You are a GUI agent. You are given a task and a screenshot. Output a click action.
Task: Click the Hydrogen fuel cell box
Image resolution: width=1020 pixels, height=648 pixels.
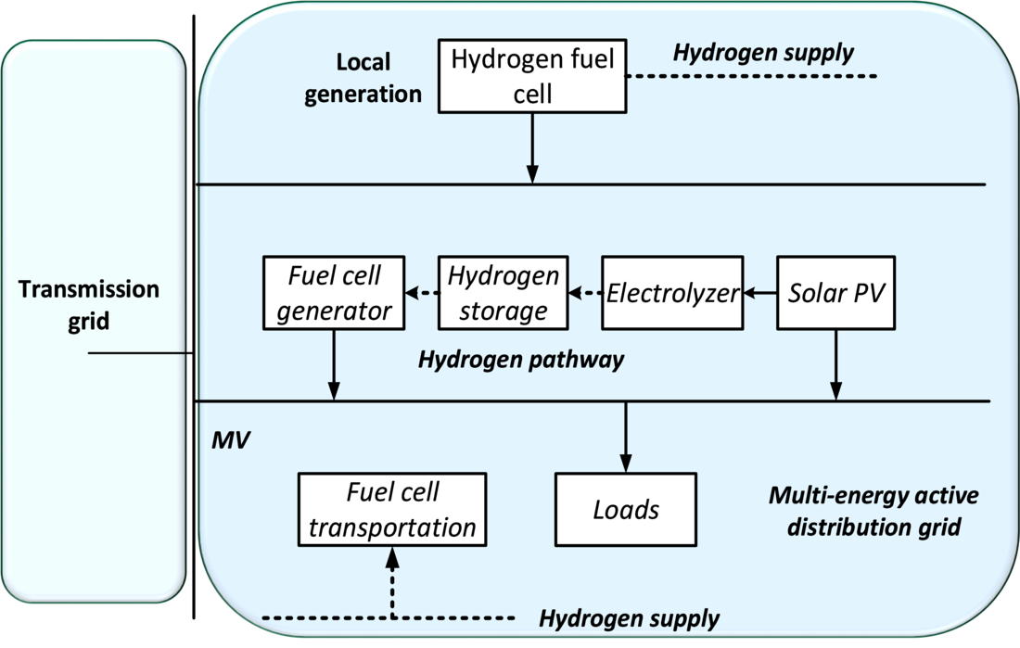coord(532,76)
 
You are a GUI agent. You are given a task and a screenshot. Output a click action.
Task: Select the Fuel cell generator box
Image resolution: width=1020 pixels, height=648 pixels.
coord(334,293)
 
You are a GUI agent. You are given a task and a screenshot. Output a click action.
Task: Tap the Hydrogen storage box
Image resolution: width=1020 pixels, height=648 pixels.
coord(503,293)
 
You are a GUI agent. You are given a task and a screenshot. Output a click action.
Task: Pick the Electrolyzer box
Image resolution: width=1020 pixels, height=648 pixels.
coord(672,293)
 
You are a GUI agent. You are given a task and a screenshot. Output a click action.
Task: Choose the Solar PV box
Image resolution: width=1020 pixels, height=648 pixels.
coord(836,293)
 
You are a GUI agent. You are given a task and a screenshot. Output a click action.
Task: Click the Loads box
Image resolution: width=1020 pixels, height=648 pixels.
coord(626,509)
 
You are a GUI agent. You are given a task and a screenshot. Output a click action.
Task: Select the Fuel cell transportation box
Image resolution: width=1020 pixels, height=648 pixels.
coord(392,509)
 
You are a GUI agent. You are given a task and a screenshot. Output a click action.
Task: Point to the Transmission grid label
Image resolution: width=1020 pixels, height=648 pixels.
coord(89,305)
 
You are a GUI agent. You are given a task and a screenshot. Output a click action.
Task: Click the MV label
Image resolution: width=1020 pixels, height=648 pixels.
coord(230,439)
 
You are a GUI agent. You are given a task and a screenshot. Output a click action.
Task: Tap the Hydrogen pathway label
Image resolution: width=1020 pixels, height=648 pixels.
coord(521,360)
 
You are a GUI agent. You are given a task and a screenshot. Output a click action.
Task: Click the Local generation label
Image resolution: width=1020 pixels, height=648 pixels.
coord(363,78)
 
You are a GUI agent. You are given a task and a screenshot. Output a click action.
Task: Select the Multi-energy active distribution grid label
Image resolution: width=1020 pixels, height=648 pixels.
coord(873,512)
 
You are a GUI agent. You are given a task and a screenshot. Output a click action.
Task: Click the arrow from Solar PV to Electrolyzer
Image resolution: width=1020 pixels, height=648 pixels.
coord(759,294)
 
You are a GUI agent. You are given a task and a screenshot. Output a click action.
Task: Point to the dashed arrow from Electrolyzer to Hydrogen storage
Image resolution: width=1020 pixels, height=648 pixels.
coord(585,294)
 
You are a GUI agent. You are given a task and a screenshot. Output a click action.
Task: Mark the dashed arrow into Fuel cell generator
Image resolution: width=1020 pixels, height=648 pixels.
coord(422,294)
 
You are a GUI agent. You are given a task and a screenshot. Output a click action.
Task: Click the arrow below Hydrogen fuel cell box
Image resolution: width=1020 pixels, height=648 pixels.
coord(532,148)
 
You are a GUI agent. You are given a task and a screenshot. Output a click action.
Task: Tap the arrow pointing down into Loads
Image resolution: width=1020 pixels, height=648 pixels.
coord(626,436)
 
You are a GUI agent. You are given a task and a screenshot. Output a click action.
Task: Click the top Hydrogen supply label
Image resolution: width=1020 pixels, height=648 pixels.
coord(763,53)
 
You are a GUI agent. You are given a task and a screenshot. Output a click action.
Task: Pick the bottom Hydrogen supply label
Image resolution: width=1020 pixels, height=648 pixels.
coord(630,618)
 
